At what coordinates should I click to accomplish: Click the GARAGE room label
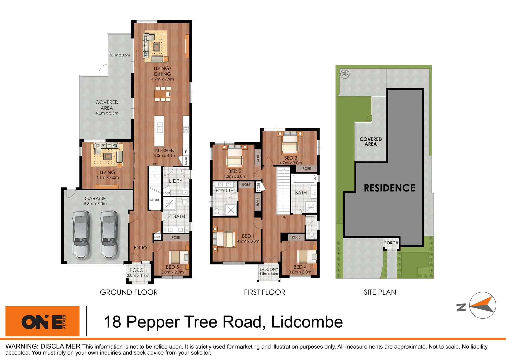coord(95,198)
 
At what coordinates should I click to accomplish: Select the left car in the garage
coord(81,234)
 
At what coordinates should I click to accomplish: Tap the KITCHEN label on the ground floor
coord(165,151)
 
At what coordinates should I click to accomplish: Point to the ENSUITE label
coord(224,191)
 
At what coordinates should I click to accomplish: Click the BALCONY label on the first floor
coord(269,269)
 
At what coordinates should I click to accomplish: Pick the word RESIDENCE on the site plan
coord(389,188)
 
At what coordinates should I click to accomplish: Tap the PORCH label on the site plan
coord(391,243)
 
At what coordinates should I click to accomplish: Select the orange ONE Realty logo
coord(43,321)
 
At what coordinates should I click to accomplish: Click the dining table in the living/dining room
coord(163,94)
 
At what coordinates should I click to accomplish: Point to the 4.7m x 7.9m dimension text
coord(163,79)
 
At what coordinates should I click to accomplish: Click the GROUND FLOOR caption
coord(129,292)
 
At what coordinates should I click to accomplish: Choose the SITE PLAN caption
coord(380,292)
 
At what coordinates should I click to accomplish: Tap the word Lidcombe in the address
coord(307,322)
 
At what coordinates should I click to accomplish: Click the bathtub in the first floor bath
coord(304,179)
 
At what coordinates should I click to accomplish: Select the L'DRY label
coord(176,181)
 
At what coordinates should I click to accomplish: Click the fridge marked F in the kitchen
coord(186,152)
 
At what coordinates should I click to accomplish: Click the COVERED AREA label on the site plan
coord(371,142)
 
